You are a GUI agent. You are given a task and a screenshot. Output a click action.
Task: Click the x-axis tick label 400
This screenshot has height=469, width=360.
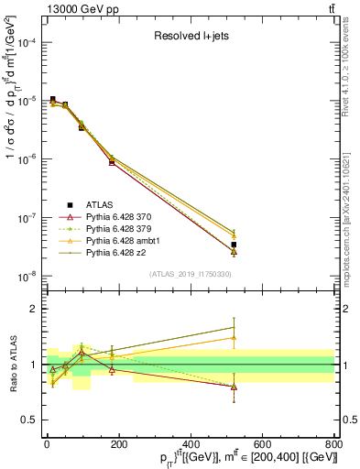pyautogui.click(x=191, y=443)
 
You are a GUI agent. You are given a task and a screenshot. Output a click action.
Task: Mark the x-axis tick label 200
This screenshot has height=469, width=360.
pyautogui.click(x=119, y=443)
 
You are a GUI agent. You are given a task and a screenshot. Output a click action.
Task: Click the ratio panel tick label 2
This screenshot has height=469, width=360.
pyautogui.click(x=34, y=309)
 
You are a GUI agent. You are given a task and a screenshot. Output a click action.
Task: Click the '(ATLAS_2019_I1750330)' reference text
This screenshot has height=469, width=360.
pyautogui.click(x=190, y=274)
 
